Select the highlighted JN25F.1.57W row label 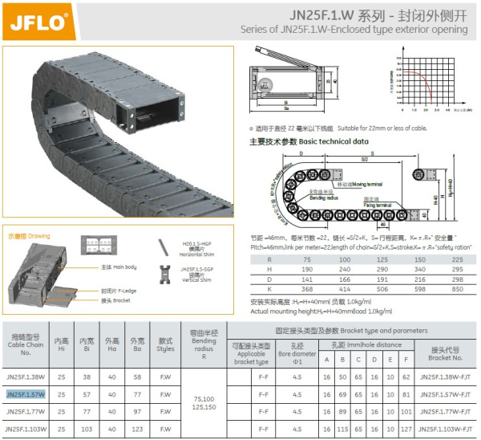click(x=25, y=394)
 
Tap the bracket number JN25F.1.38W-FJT click(x=445, y=376)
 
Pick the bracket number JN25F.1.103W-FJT click(x=445, y=430)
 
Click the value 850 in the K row click(x=457, y=288)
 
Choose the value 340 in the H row click(x=420, y=269)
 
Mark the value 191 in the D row click(x=382, y=279)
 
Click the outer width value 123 click(x=137, y=430)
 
